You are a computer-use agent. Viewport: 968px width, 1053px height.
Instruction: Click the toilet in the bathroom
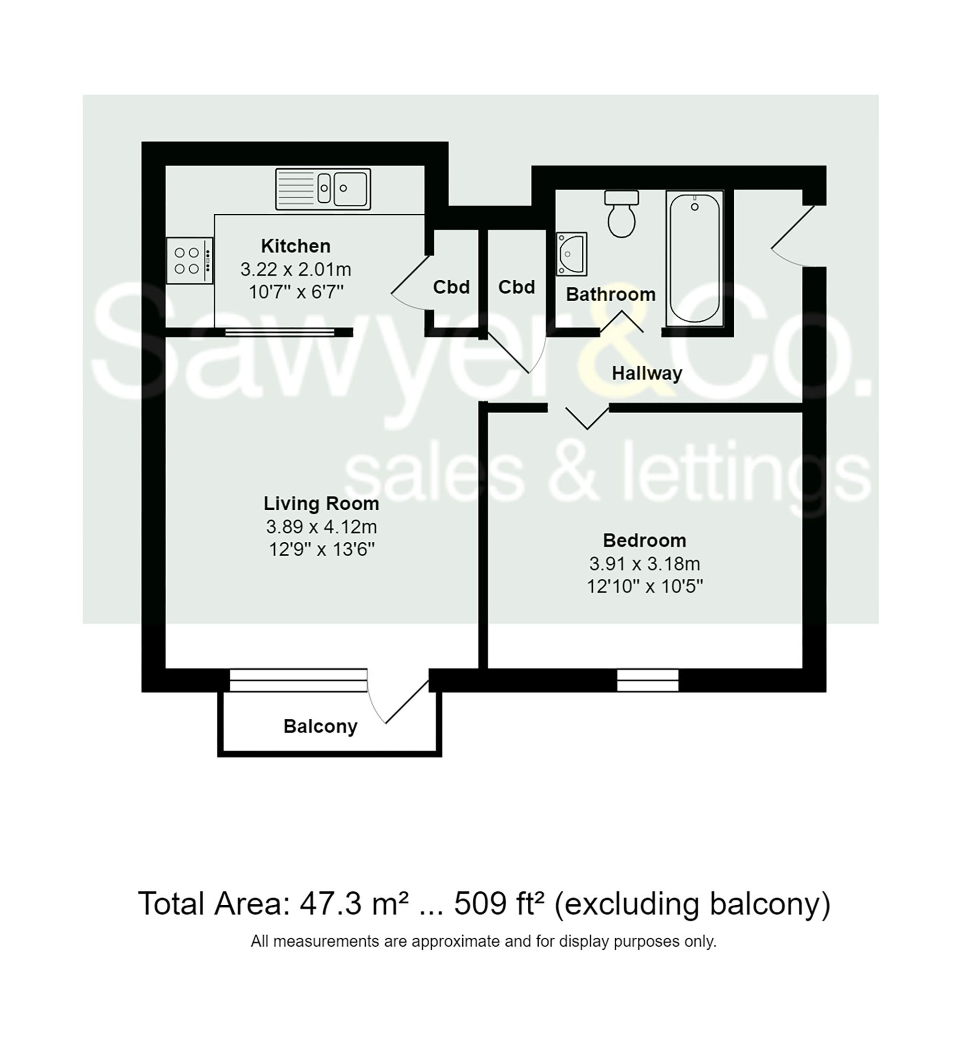coord(621,214)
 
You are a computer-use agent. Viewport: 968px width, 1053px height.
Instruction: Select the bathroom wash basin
coord(571,253)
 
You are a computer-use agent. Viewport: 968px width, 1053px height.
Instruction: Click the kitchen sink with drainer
coord(323,188)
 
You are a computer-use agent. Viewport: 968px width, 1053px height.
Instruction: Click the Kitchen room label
coord(295,246)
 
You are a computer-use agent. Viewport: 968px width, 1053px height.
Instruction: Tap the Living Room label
coord(321,504)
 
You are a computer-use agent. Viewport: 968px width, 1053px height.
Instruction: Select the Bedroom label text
coord(644,540)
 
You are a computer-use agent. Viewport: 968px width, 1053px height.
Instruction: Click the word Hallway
coord(646,373)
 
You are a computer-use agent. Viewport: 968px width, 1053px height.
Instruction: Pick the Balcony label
coord(320,726)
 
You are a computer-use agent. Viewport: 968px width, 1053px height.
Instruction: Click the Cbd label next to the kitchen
coord(451,287)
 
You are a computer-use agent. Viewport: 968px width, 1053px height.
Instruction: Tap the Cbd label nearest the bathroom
coord(516,287)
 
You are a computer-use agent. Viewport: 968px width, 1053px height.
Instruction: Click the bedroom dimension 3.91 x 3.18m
coord(644,564)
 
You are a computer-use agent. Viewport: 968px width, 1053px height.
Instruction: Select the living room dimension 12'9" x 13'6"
coord(321,549)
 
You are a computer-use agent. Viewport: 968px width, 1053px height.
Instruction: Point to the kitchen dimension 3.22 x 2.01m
coord(295,269)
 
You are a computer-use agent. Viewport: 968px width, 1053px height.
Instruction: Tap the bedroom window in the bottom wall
coord(647,680)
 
